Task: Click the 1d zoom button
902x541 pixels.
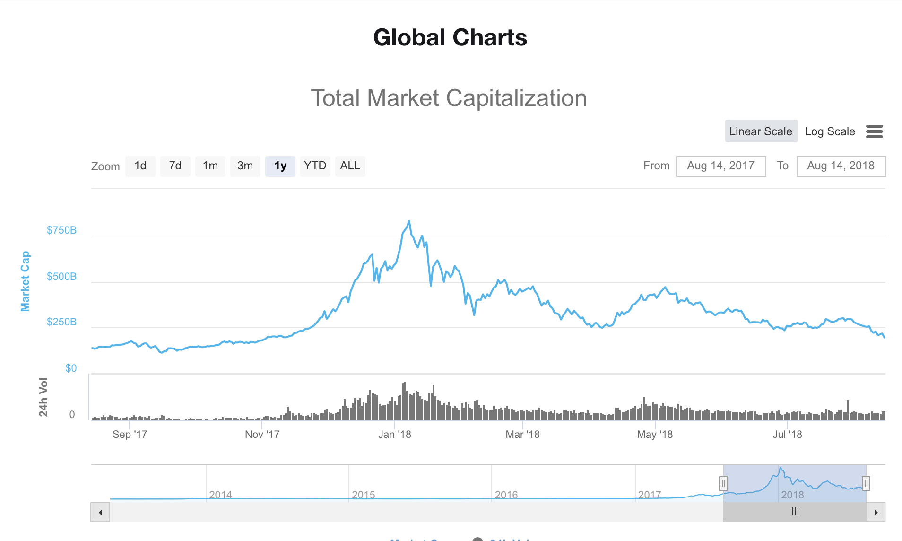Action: click(140, 166)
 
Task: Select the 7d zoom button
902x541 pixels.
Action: click(175, 166)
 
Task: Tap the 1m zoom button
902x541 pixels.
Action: click(210, 166)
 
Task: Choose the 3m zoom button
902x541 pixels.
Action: click(245, 166)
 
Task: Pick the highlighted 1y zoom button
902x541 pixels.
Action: click(280, 166)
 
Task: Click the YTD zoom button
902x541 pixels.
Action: click(315, 166)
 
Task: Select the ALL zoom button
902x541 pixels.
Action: click(350, 166)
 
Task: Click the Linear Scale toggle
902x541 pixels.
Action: click(761, 131)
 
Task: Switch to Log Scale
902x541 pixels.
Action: click(830, 131)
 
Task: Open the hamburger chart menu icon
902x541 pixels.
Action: click(874, 131)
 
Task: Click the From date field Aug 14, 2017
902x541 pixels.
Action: click(721, 166)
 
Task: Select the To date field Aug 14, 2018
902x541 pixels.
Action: click(841, 166)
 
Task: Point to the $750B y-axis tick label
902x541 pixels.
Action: click(61, 230)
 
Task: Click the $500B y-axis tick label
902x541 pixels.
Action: click(61, 277)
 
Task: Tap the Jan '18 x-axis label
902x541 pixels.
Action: click(395, 434)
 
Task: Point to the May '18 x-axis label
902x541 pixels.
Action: click(655, 434)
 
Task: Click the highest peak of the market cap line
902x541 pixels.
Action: click(409, 221)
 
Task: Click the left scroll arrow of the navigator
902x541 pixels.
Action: click(100, 512)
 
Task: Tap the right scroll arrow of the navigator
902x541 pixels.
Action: click(876, 512)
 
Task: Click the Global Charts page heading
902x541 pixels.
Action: click(450, 37)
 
